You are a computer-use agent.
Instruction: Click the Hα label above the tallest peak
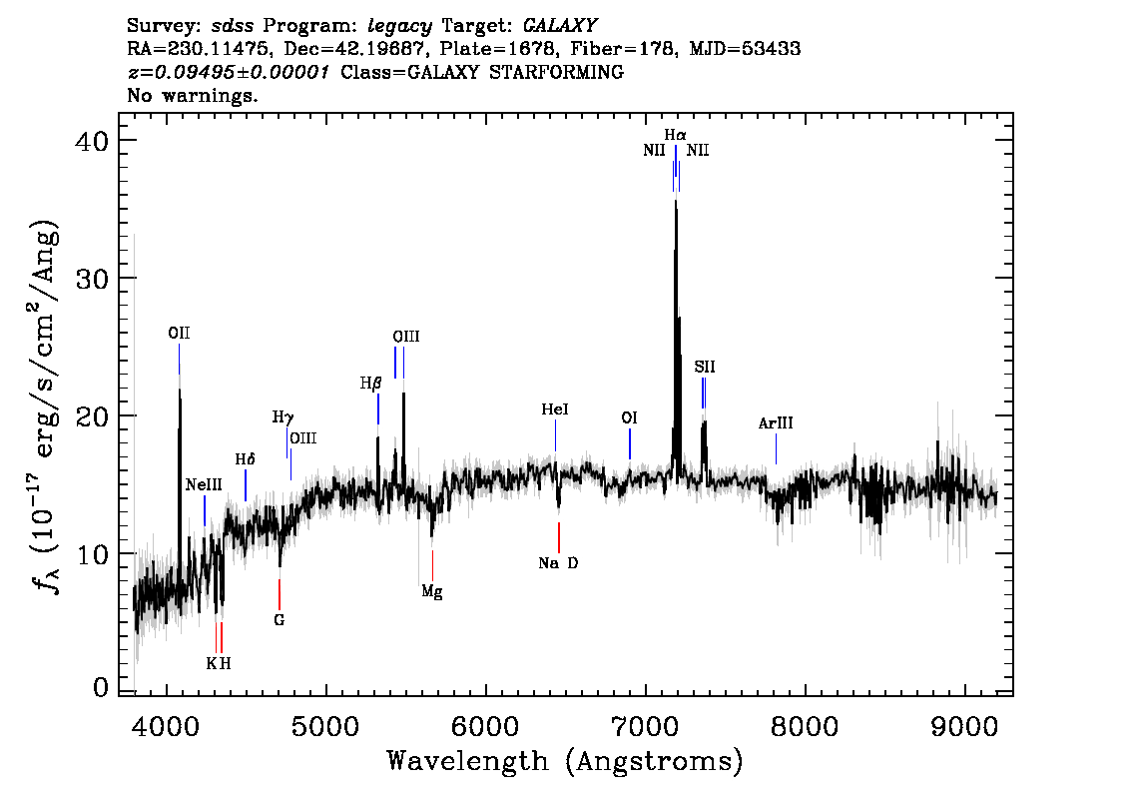pyautogui.click(x=676, y=134)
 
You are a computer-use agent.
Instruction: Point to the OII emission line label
pyautogui.click(x=179, y=334)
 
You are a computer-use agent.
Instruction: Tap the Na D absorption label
pyautogui.click(x=558, y=563)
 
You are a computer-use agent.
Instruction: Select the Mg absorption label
pyautogui.click(x=431, y=591)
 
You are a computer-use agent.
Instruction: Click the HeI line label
pyautogui.click(x=555, y=410)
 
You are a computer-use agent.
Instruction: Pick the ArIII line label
pyautogui.click(x=776, y=423)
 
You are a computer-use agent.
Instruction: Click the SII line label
pyautogui.click(x=705, y=368)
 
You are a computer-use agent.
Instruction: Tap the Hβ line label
pyautogui.click(x=370, y=383)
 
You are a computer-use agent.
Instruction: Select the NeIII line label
pyautogui.click(x=205, y=485)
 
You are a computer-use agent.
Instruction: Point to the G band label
pyautogui.click(x=280, y=620)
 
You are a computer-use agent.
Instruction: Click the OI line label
pyautogui.click(x=629, y=418)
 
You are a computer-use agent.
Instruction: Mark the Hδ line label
pyautogui.click(x=245, y=459)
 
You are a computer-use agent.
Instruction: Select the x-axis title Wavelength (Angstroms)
pyautogui.click(x=565, y=761)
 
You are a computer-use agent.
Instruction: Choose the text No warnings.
pyautogui.click(x=193, y=96)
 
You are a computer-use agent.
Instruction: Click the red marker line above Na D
pyautogui.click(x=559, y=537)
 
